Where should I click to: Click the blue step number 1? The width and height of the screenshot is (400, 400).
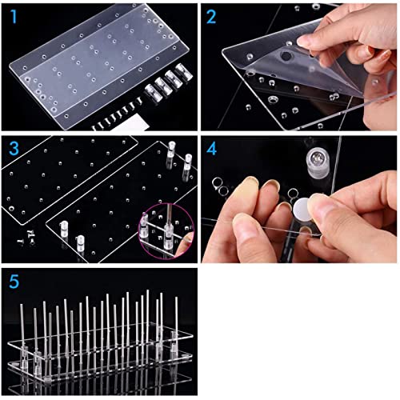pos(14,17)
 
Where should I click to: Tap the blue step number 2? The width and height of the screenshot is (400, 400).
pos(211,17)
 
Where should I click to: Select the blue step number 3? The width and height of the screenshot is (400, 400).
pos(14,149)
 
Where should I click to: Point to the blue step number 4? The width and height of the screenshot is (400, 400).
pos(212,149)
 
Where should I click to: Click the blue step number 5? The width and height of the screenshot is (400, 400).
pos(14,281)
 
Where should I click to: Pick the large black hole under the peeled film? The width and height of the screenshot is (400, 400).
pos(286,56)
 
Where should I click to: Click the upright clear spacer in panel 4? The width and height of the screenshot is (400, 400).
pos(318,162)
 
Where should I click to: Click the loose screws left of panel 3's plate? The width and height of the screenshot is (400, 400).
pos(27,238)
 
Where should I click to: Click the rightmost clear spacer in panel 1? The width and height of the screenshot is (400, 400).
pos(184,71)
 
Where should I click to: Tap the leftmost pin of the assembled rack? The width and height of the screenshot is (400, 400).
pos(22,328)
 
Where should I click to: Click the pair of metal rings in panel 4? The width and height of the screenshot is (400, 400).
pos(221,186)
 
